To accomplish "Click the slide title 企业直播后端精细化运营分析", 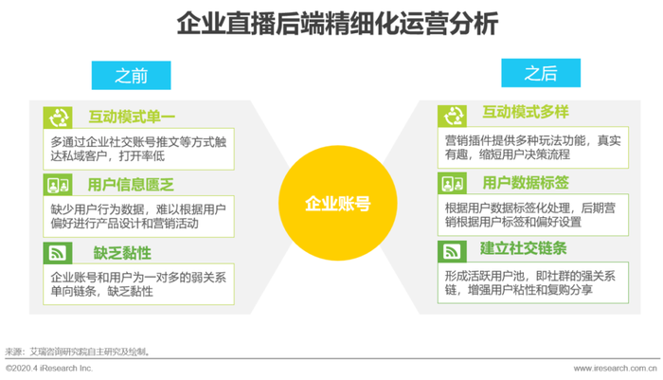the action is tap(337, 24).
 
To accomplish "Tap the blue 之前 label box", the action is tap(131, 75).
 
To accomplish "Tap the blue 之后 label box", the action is tap(541, 73).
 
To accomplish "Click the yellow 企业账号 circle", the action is tap(337, 203).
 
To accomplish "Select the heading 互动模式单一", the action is tap(132, 118).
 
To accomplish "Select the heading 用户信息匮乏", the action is tap(131, 185).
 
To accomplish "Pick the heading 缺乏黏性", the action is tap(122, 253).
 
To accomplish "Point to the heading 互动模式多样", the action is tap(526, 112).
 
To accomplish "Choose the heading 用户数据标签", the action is tap(526, 183).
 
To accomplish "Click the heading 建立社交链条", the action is tap(523, 248).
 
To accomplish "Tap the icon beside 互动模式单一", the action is tap(58, 118).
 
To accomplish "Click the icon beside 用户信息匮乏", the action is tap(58, 185).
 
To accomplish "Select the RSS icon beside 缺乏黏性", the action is tap(58, 253).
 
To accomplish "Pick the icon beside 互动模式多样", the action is tap(453, 116).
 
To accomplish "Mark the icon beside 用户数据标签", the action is tap(453, 183).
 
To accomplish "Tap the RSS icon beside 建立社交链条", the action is tap(453, 251).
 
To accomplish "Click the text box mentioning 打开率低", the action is tap(138, 150).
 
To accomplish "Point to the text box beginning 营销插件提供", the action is tap(533, 147).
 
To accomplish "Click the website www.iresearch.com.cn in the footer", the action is tap(616, 369).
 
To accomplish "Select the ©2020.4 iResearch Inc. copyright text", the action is tap(49, 368).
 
